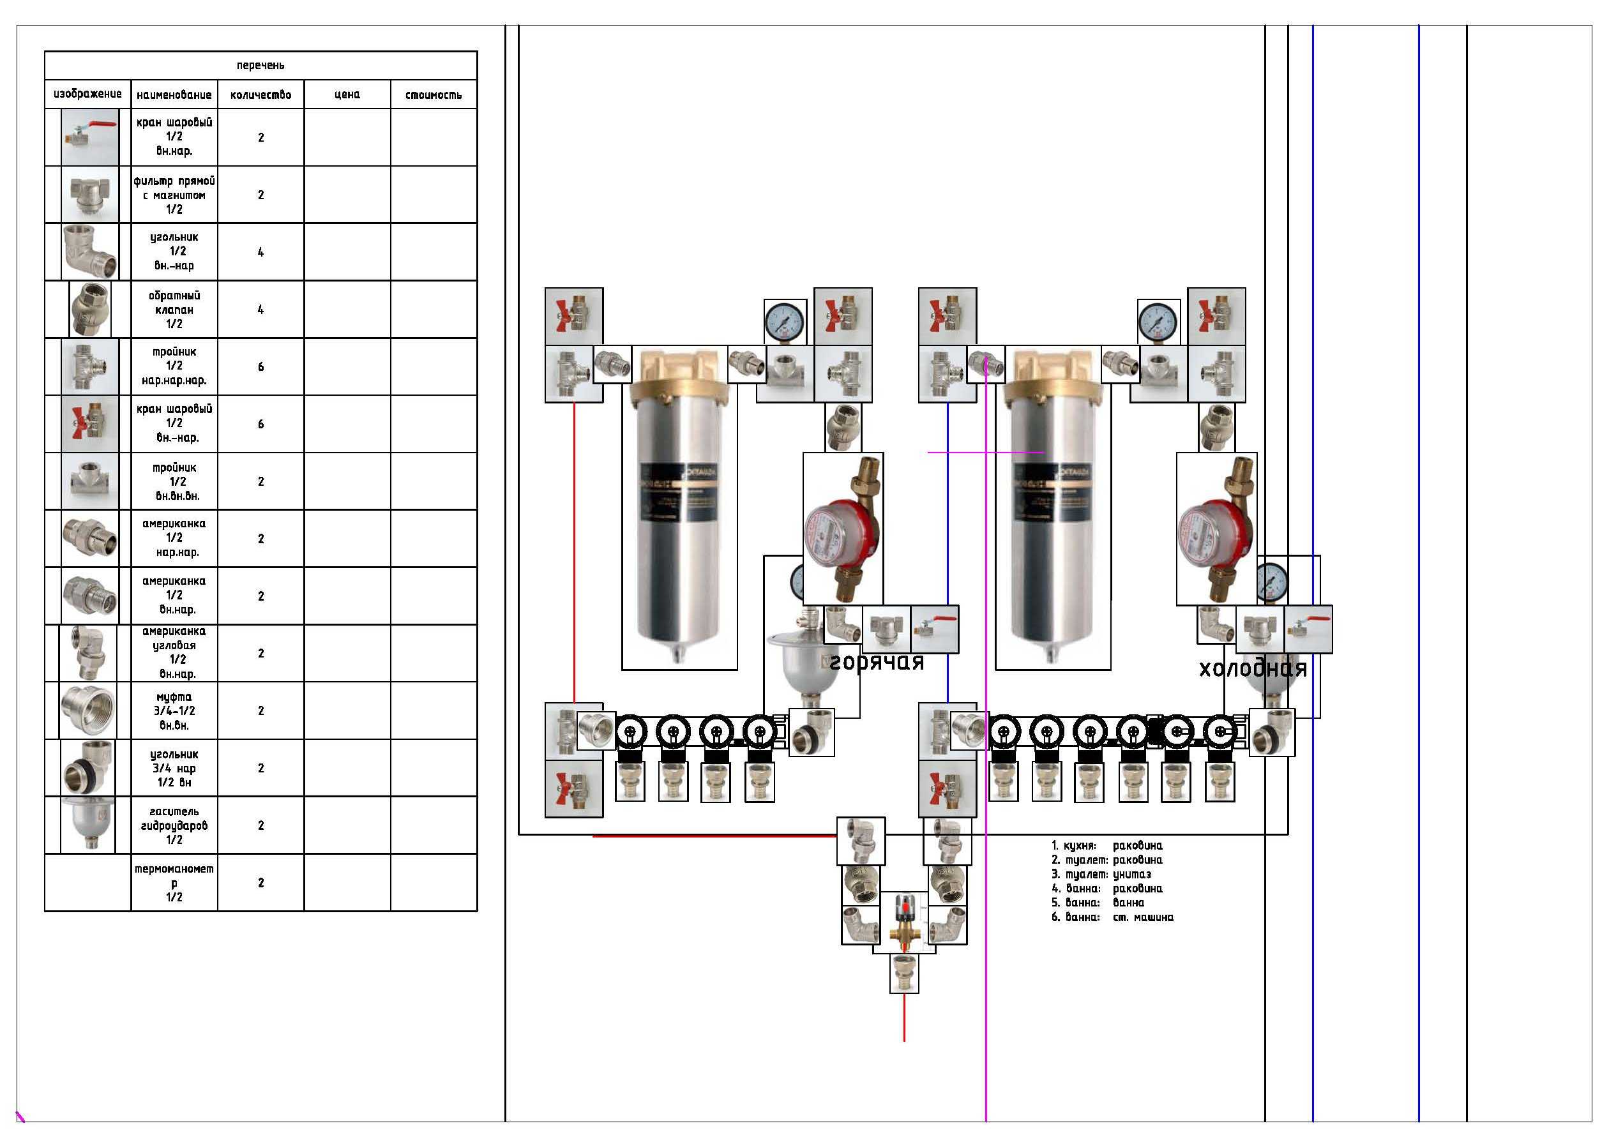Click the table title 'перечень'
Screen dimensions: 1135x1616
(261, 66)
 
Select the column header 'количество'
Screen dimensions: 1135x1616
(261, 94)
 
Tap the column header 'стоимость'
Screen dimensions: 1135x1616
(434, 94)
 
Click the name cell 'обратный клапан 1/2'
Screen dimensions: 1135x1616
(174, 310)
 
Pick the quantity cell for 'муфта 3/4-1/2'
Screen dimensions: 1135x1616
(261, 710)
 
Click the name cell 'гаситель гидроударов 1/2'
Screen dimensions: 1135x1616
(174, 825)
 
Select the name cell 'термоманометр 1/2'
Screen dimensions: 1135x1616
(174, 882)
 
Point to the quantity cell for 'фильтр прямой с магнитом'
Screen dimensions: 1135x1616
(261, 195)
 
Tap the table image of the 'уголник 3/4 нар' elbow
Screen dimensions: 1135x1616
(88, 768)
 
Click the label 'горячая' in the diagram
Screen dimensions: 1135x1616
(876, 662)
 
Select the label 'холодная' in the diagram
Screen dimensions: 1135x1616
(1253, 668)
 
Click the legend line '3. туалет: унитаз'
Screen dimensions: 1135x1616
(1101, 874)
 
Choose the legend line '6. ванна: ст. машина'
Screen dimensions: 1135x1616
(1112, 917)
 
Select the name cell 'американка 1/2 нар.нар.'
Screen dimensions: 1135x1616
(174, 538)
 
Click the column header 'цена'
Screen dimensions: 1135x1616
(347, 94)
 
